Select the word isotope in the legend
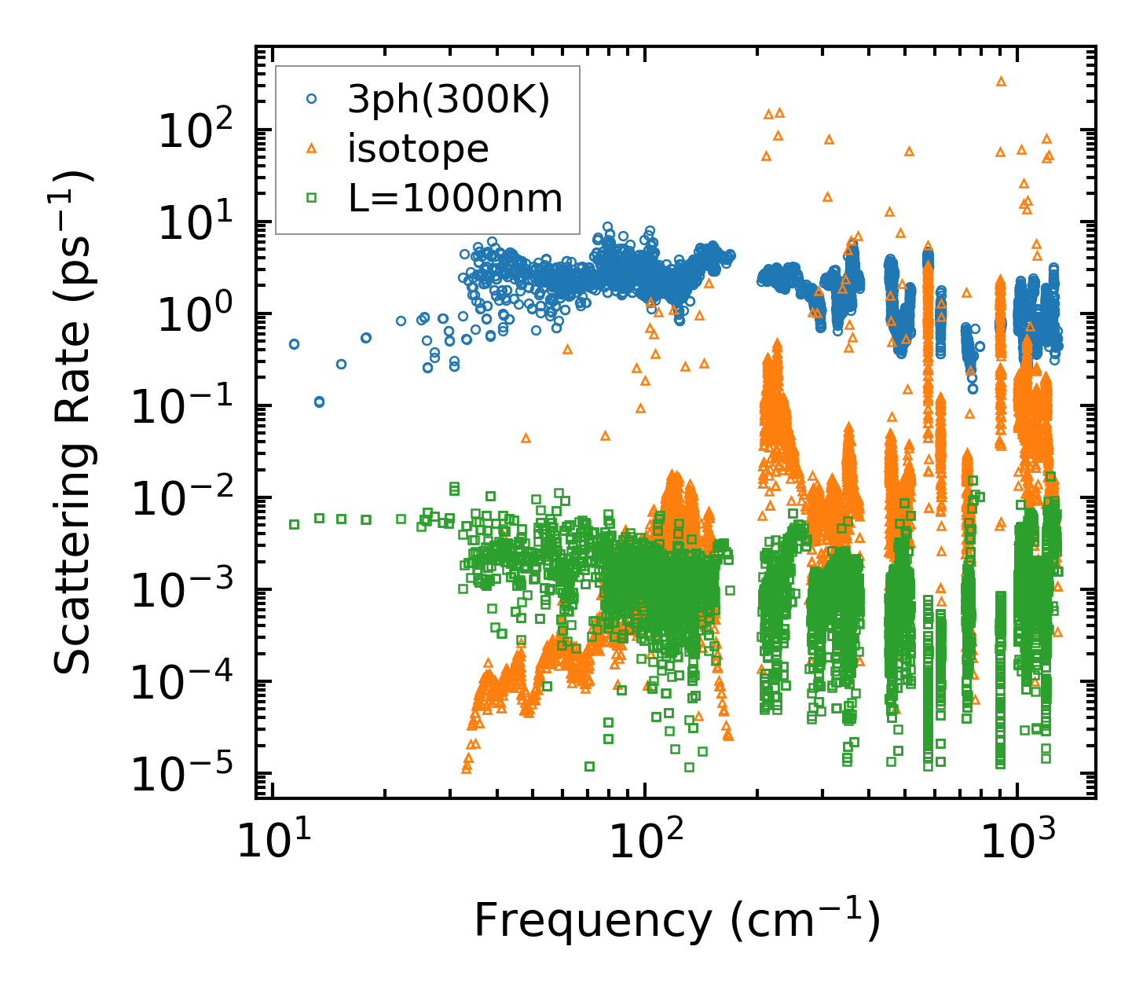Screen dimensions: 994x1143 click(419, 149)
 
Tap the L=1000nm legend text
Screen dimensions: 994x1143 click(456, 199)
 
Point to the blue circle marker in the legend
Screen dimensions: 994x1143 click(312, 100)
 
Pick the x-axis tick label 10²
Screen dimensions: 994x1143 click(644, 842)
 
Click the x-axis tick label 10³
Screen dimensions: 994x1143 click(1017, 842)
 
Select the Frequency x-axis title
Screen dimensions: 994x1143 click(676, 921)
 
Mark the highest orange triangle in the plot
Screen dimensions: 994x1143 click(1001, 81)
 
